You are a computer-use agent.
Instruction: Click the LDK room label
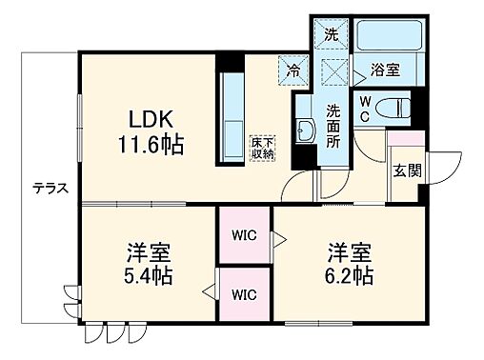[151, 121]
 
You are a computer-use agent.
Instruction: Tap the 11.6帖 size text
[151, 146]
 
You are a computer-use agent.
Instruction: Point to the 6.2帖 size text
[347, 277]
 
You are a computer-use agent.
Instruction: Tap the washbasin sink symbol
[305, 132]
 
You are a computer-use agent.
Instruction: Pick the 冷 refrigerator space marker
[293, 69]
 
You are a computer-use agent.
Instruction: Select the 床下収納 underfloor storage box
[263, 148]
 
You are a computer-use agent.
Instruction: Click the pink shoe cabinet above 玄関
[402, 137]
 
